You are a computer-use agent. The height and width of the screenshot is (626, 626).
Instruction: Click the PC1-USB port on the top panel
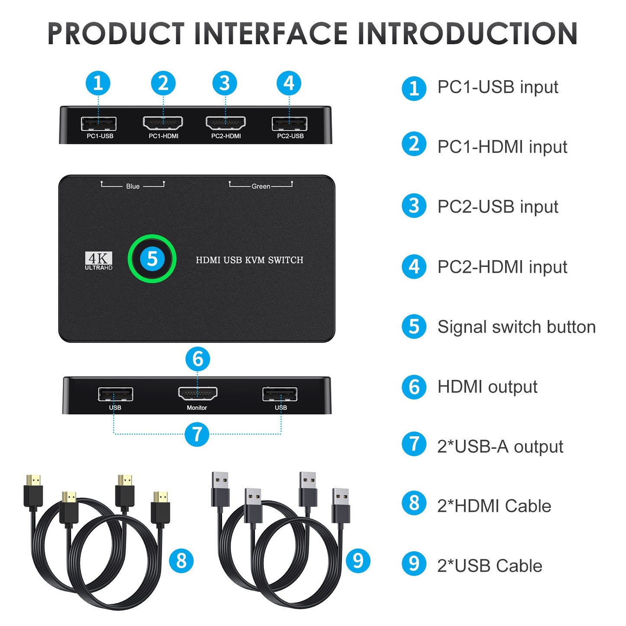point(99,123)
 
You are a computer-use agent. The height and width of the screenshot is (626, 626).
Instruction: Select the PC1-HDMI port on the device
point(163,123)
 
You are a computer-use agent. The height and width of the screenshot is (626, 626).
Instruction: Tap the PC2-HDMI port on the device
point(226,123)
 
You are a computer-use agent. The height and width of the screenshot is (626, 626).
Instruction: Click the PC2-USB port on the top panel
point(289,123)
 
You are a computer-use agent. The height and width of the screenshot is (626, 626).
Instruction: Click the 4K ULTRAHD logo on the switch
point(98,261)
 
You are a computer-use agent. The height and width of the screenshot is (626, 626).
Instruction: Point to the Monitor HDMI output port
point(198,393)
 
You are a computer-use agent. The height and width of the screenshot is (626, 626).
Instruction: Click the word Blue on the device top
point(133,186)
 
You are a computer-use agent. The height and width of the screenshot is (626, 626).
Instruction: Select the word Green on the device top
point(261,186)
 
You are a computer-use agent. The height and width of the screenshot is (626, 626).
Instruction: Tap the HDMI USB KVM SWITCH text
point(250,260)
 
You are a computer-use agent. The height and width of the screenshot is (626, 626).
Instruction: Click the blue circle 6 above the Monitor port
point(198,359)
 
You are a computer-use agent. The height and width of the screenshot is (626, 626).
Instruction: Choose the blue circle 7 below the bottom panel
point(197,434)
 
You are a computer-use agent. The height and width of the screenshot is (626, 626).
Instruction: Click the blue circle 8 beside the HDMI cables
point(181,561)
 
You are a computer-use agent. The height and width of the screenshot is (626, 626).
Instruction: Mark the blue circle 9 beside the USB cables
point(358,561)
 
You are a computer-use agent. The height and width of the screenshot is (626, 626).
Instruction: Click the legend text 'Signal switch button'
point(516,327)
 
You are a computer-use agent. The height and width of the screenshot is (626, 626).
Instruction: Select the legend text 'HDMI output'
point(487,387)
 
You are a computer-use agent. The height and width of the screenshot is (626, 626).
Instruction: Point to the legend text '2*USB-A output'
point(500,447)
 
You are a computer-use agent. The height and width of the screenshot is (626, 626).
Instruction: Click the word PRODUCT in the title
point(116,34)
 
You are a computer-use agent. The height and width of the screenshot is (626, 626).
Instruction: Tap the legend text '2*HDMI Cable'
point(494,506)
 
